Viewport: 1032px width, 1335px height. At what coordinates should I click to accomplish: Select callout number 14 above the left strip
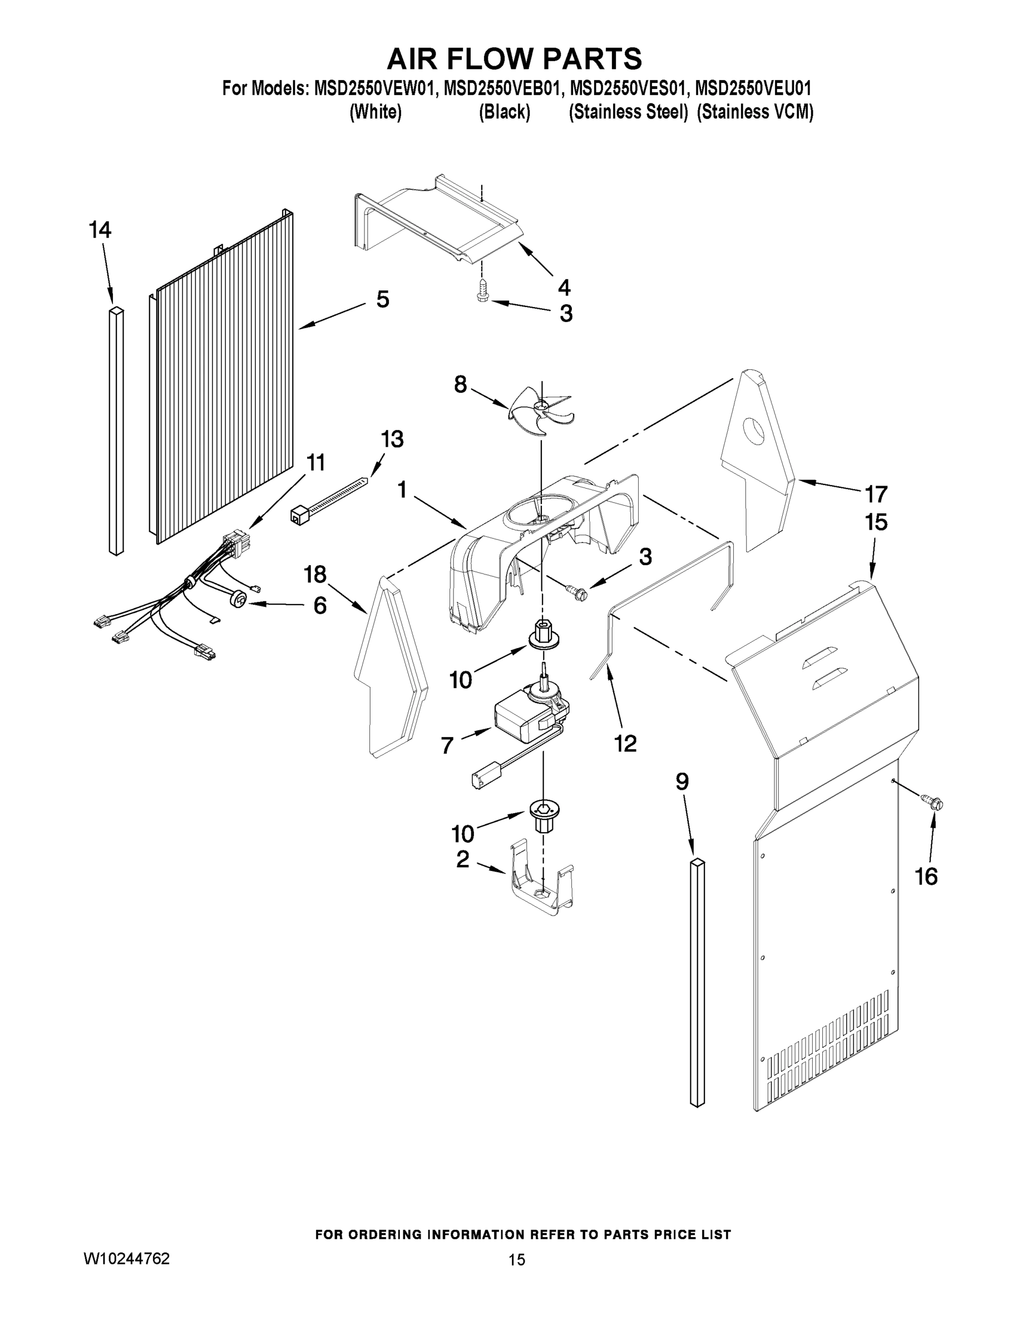pos(100,230)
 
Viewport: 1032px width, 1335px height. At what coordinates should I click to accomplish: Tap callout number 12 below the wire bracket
pos(625,743)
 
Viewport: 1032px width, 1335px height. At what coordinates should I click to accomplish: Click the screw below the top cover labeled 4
pos(482,291)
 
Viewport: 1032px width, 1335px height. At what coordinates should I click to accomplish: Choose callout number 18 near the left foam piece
pos(315,575)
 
